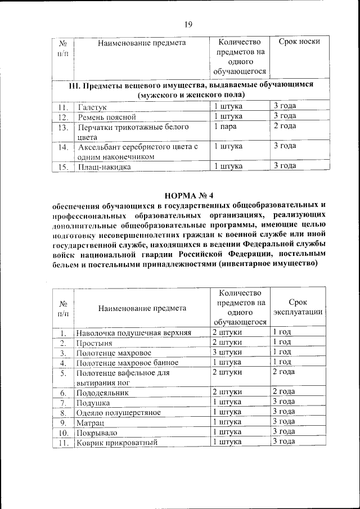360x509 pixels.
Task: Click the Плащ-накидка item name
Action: coord(105,167)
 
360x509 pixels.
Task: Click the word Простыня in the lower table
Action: coord(95,343)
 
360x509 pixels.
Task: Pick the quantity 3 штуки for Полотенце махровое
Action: coord(227,352)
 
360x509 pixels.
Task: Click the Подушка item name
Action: coord(93,403)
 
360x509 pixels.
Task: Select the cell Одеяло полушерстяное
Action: coord(119,412)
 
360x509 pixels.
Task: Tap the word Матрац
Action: coord(91,422)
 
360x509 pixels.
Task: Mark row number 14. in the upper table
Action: coord(63,147)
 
